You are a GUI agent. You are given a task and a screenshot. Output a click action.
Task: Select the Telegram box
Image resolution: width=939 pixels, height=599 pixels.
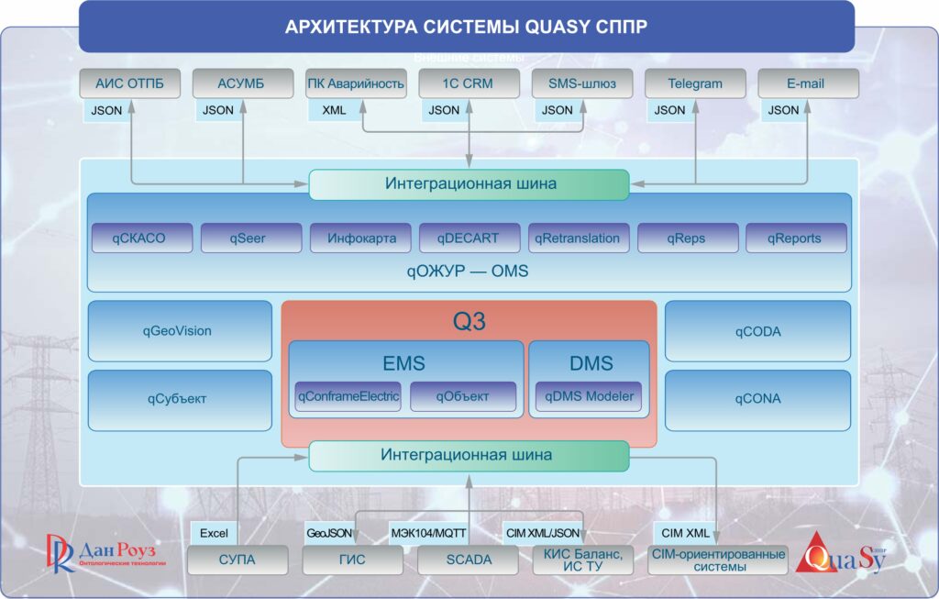point(695,83)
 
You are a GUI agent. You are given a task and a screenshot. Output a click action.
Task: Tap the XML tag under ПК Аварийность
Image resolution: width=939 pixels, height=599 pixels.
point(334,110)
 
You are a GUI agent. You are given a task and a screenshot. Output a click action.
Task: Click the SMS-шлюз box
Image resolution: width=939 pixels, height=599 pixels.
point(582,83)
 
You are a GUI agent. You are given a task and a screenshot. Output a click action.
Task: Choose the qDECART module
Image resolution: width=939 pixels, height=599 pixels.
point(469,238)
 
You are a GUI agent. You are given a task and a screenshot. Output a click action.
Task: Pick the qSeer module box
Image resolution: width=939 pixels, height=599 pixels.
point(250,238)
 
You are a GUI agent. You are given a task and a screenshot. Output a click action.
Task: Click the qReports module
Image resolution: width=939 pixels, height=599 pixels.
point(795,238)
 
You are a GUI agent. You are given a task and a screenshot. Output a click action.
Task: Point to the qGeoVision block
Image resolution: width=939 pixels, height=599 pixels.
point(180,331)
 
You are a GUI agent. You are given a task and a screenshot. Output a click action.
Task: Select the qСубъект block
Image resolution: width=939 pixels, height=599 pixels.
point(180,400)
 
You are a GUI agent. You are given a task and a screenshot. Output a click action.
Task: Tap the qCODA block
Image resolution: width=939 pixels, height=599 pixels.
point(757,331)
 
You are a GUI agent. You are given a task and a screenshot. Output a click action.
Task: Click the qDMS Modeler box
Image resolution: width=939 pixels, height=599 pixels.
point(589,396)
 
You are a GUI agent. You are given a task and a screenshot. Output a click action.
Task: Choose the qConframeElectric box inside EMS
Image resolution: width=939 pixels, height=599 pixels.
point(348,396)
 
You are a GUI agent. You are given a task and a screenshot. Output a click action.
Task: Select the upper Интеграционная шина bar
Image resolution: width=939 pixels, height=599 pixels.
point(469,183)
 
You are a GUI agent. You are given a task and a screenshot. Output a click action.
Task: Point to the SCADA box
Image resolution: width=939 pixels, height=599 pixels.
point(468,560)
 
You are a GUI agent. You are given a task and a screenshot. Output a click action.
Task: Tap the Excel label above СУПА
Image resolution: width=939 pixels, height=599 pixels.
point(213,533)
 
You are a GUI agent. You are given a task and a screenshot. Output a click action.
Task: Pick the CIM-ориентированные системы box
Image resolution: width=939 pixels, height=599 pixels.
point(718,560)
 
